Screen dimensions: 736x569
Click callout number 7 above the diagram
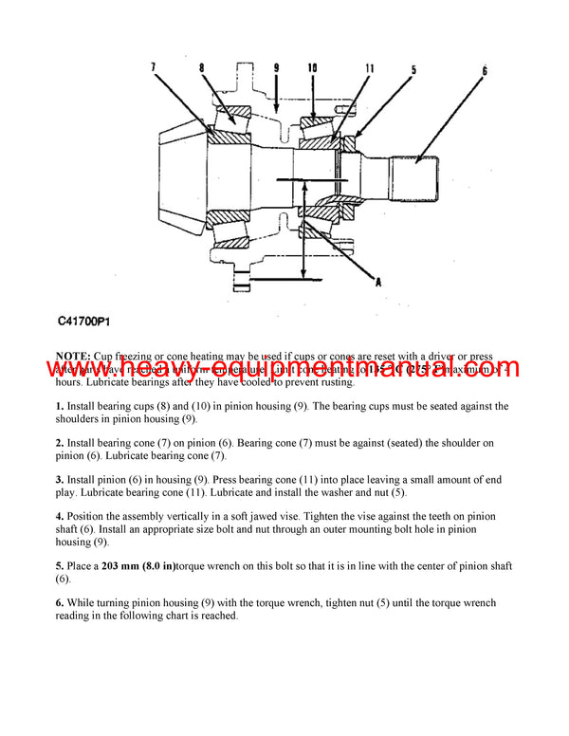tap(155, 67)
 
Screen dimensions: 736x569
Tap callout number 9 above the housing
tap(276, 68)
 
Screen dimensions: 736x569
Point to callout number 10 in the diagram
tap(312, 68)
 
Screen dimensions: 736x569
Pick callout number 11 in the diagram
tap(369, 68)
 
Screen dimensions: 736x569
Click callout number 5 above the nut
tap(413, 68)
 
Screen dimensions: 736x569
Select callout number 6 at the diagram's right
tap(485, 71)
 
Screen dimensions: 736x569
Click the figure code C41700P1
tap(88, 322)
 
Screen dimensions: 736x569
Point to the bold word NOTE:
tap(73, 355)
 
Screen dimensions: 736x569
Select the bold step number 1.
tap(59, 406)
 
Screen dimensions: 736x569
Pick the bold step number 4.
tap(59, 516)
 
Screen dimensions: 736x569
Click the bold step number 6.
tap(59, 602)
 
